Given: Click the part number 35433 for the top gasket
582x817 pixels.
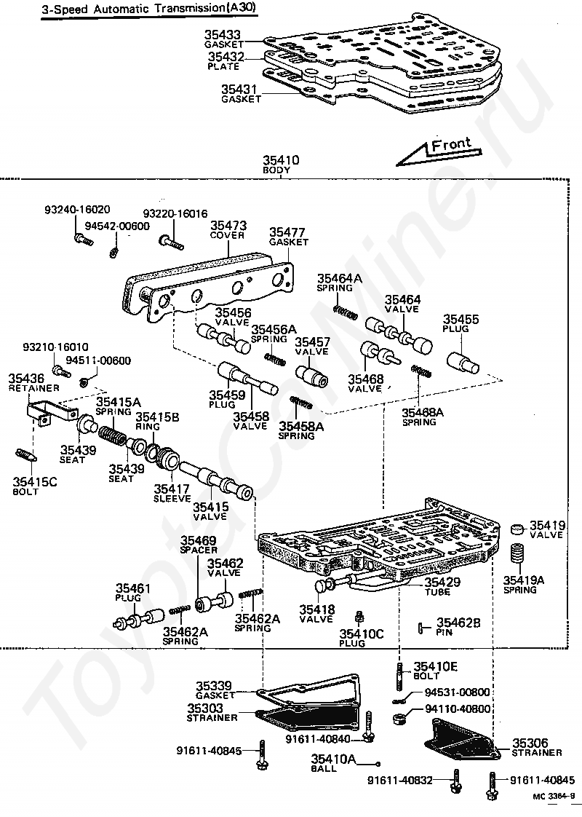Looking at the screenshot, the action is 223,34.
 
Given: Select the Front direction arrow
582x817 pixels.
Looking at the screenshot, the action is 438,151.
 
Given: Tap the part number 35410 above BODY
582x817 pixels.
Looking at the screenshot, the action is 281,160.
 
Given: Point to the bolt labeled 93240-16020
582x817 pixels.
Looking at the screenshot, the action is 83,240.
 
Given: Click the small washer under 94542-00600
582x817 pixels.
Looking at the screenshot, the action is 113,253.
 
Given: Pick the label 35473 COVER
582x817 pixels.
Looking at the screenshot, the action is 228,230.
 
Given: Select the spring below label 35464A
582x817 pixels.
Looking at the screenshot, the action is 345,310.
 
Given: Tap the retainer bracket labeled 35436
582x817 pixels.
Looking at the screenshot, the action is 50,408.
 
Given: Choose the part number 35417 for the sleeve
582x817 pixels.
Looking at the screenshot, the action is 172,489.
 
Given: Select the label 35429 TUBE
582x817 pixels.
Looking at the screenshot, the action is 442,586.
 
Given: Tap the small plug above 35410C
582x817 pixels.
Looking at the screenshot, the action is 359,617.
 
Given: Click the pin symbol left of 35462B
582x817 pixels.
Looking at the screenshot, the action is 420,628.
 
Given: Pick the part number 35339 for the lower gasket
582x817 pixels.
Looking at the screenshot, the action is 214,686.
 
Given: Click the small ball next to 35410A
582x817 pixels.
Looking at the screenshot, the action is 378,765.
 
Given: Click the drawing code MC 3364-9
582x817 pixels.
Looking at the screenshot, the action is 554,811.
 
